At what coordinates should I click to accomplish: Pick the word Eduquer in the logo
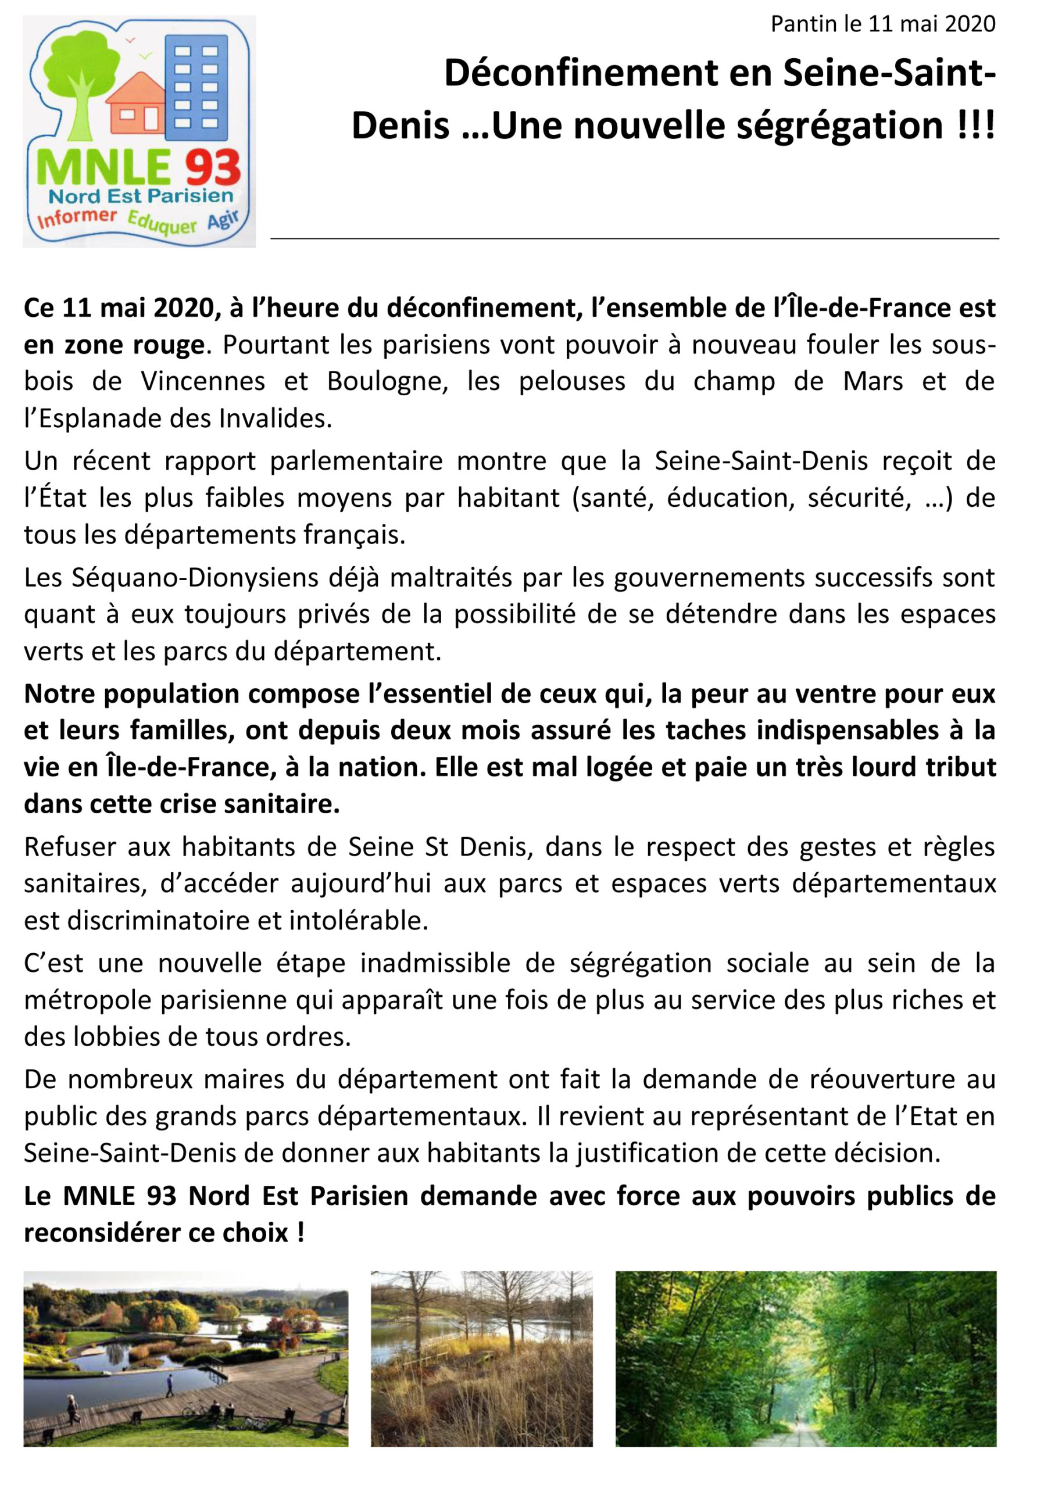point(162,221)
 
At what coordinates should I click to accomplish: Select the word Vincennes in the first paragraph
point(203,381)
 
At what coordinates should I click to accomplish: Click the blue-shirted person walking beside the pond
point(170,1385)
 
